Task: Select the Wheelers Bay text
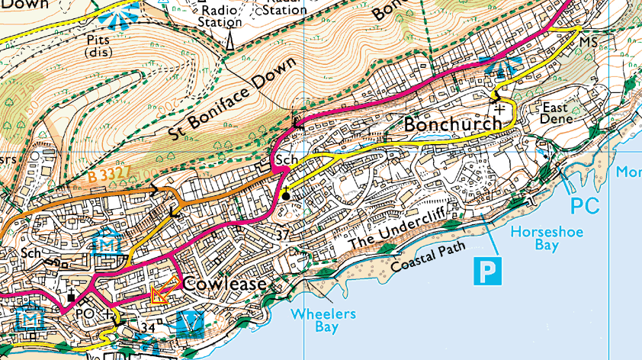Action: click(323, 320)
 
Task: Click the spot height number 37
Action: click(284, 233)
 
